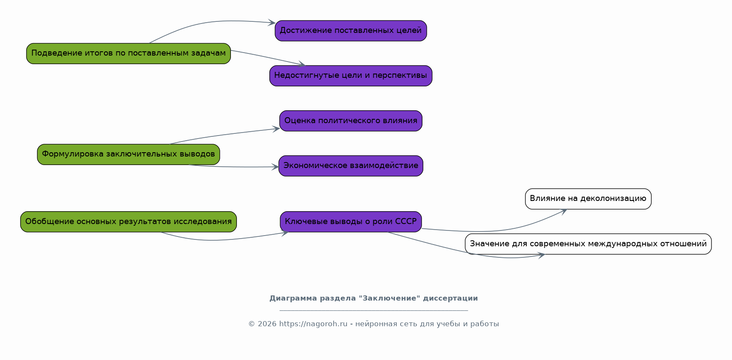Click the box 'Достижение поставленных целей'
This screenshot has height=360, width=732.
point(351,31)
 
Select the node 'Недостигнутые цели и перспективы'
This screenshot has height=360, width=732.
point(351,76)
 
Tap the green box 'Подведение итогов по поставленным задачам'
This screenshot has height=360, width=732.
point(128,53)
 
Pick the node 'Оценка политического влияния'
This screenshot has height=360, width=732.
point(351,121)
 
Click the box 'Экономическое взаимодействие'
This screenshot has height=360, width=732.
point(351,166)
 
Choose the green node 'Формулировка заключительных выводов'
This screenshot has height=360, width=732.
point(128,154)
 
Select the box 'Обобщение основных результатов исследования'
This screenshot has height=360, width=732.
point(128,222)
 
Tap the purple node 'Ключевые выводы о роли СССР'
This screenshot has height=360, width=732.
point(351,222)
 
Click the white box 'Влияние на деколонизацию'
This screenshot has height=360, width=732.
point(588,199)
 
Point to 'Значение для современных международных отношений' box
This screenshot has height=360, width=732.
point(588,244)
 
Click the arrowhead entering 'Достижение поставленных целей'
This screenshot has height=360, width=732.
point(272,23)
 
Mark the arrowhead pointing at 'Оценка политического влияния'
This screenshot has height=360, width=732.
point(277,129)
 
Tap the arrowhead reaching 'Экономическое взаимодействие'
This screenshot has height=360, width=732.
point(275,167)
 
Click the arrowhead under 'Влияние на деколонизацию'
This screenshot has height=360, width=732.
point(564,212)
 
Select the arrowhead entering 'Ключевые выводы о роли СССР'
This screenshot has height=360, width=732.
point(285,233)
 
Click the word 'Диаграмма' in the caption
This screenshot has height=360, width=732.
point(293,298)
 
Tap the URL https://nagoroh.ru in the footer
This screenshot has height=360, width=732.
point(313,324)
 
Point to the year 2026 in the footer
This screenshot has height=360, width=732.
point(267,324)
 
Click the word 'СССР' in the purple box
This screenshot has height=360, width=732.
point(406,221)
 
